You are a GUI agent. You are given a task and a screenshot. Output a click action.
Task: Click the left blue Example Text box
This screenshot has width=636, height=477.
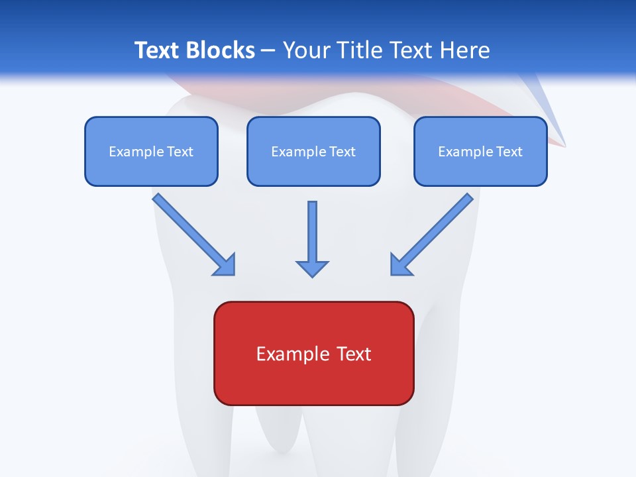tap(151, 151)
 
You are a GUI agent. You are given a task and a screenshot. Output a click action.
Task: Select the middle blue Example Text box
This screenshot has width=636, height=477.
tap(313, 151)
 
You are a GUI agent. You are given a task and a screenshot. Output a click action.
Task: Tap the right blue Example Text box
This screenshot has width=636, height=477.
tap(480, 151)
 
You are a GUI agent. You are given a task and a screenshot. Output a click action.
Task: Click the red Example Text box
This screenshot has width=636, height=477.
tap(313, 353)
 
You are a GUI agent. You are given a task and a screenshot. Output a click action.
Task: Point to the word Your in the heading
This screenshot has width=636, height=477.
tap(307, 50)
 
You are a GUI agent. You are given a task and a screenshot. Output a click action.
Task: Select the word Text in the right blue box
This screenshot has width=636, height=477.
tap(509, 152)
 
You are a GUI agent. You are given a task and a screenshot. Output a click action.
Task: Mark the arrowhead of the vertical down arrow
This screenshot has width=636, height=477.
tap(312, 268)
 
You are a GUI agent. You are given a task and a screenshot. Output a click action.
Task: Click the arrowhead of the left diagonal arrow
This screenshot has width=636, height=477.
tap(226, 266)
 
